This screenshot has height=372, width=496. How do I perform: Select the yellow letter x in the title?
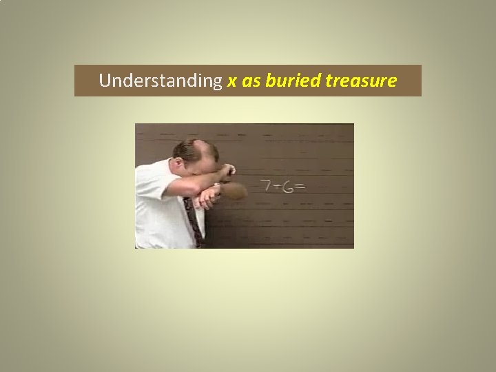coord(232,81)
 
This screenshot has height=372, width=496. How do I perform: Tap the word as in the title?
coord(251,81)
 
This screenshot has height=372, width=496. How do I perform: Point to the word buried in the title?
coord(295,81)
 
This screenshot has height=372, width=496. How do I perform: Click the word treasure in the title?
coord(364,81)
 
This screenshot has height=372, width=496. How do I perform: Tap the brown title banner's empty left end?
coord(85,81)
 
